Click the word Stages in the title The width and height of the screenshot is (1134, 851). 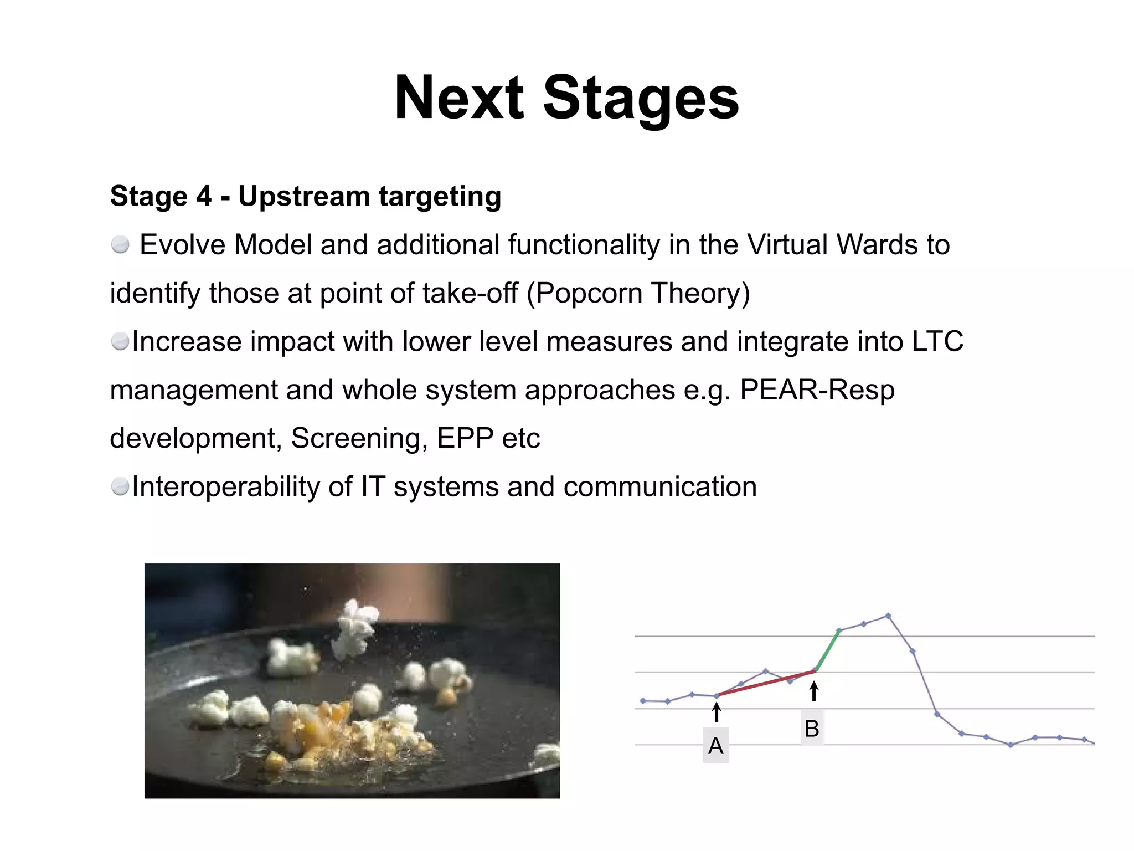click(641, 99)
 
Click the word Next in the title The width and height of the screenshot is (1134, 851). click(458, 99)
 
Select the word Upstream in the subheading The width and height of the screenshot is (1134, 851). click(305, 196)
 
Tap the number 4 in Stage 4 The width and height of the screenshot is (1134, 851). click(204, 196)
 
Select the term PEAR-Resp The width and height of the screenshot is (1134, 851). click(817, 390)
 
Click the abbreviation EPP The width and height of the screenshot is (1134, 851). click(465, 438)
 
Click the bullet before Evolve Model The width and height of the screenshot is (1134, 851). click(120, 244)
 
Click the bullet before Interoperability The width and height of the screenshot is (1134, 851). click(120, 487)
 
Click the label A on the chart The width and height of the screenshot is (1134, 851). click(715, 746)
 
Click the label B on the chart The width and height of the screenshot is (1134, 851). click(812, 729)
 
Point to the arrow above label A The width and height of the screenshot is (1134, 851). click(717, 712)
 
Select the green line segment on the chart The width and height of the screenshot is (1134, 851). click(828, 650)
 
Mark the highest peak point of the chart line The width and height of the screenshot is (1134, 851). click(888, 616)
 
